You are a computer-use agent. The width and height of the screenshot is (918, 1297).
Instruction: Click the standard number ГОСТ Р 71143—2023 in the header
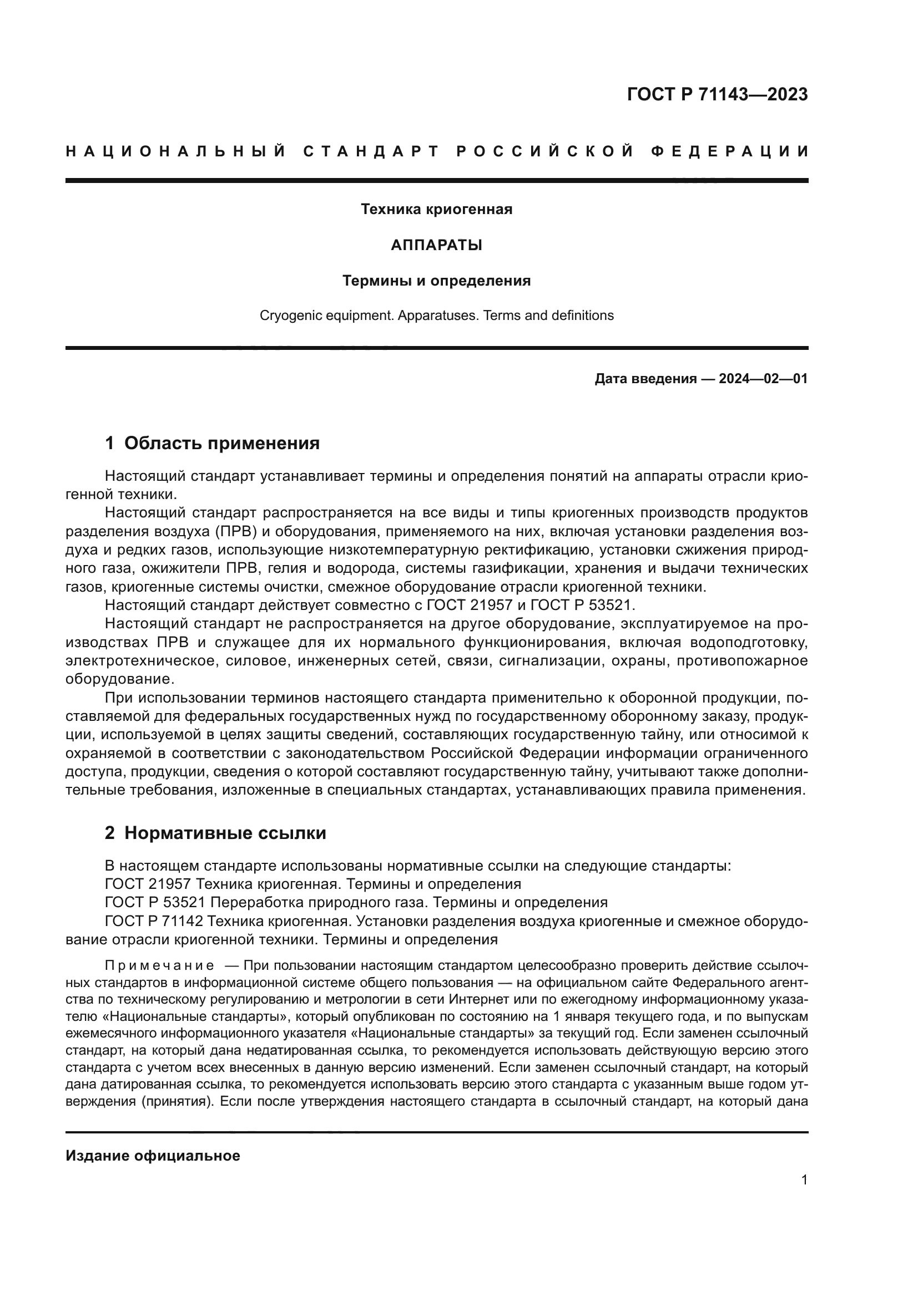(717, 94)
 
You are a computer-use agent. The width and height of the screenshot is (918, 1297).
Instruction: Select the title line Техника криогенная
(436, 210)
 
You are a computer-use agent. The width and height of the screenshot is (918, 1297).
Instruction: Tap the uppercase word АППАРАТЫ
(436, 245)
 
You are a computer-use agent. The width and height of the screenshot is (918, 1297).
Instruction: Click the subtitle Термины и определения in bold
(436, 281)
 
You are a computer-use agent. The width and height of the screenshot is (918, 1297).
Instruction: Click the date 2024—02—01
(763, 379)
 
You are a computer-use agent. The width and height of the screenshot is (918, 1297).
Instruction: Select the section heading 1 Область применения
(213, 444)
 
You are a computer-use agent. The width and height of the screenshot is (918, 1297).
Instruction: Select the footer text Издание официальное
(153, 1156)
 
